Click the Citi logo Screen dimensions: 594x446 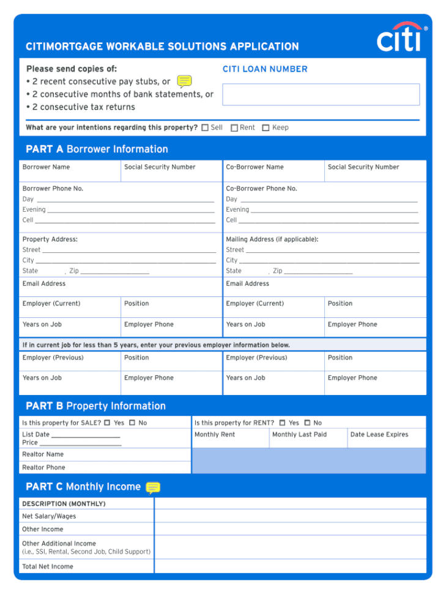coord(400,38)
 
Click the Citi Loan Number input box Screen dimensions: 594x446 coord(321,94)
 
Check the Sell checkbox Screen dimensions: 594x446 coord(205,128)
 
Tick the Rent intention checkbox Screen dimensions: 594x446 coord(234,128)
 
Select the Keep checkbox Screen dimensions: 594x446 coord(266,128)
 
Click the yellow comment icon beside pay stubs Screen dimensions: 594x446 coord(184,81)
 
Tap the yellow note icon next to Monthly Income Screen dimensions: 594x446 coord(153,487)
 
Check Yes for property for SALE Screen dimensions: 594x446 coord(107,423)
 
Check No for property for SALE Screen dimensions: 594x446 coord(132,423)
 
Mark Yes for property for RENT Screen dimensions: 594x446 coord(282,423)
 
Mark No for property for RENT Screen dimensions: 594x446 coord(307,423)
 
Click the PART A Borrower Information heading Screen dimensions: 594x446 coord(97,149)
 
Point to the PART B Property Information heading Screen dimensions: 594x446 coord(95,406)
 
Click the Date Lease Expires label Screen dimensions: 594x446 coord(379,435)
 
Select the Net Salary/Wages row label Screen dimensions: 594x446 coord(49,516)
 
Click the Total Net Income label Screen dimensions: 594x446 coord(48,566)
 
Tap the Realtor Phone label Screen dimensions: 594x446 coord(43,467)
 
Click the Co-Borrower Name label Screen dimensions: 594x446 coord(255,167)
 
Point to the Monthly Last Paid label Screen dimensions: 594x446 coord(299,435)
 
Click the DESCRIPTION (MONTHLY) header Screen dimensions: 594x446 coord(64,503)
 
